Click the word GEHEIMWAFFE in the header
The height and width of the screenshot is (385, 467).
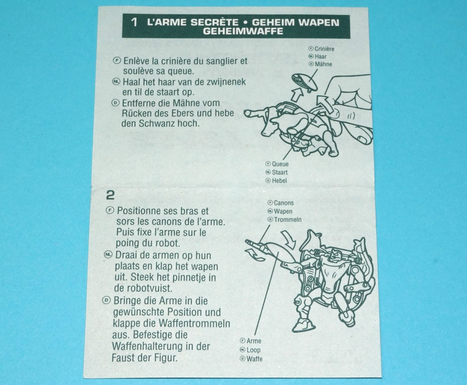coord(243,31)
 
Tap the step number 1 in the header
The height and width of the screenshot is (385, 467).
coord(134,22)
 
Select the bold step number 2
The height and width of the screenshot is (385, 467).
coord(110,195)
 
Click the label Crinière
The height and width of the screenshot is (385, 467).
coord(324,49)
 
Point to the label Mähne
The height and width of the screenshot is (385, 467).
coord(323,64)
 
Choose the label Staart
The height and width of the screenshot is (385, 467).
coord(280,172)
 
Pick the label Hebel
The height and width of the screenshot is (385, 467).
coord(279,181)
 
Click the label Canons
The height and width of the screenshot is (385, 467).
coord(284,203)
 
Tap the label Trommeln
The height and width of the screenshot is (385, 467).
coord(288,220)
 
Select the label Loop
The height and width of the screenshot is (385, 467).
coord(253,350)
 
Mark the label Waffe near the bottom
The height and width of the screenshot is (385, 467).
coord(254,359)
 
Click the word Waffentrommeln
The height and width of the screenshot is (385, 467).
coord(194,323)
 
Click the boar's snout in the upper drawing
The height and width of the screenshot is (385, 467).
coord(248,113)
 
